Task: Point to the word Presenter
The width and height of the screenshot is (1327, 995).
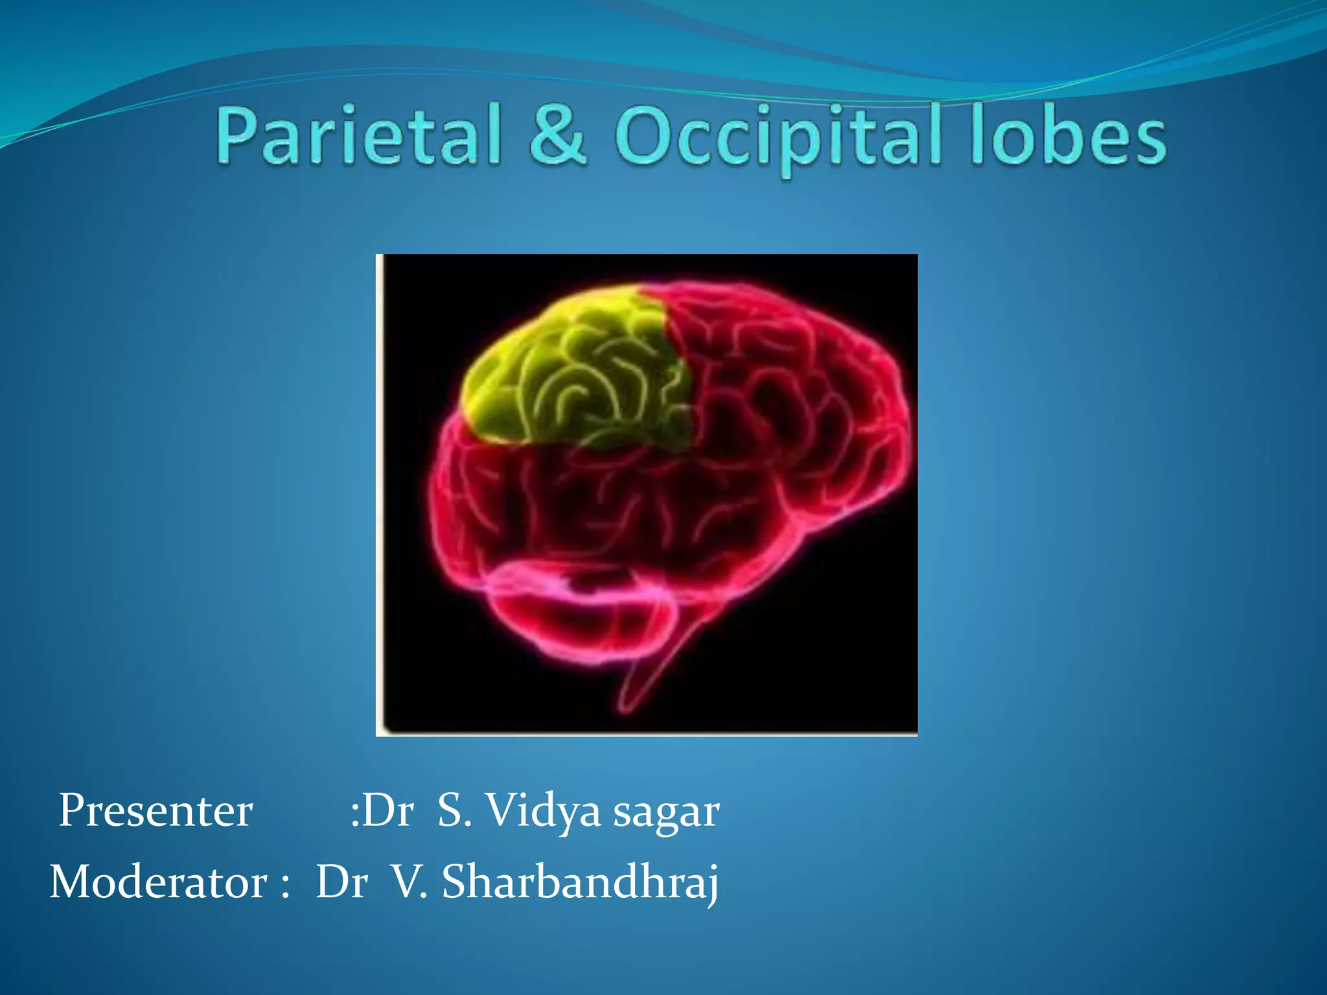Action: tap(156, 810)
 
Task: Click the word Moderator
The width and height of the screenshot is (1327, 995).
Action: tap(158, 882)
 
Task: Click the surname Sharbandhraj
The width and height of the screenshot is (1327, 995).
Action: tap(580, 883)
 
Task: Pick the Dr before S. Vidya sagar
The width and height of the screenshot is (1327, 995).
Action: tap(387, 810)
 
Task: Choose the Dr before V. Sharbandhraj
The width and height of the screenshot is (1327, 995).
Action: tap(342, 882)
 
